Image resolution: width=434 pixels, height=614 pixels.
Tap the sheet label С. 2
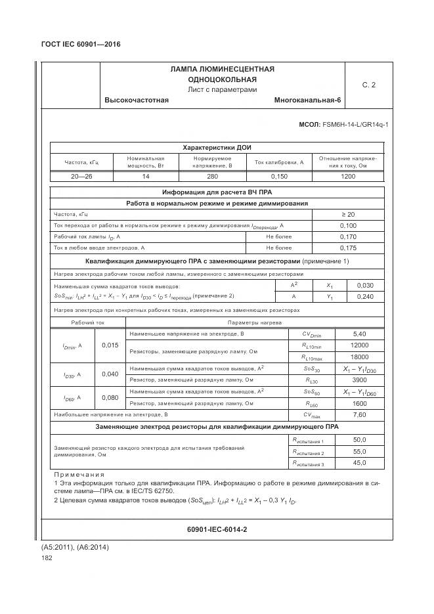tap(369, 85)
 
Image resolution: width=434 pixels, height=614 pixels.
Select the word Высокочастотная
tap(137, 100)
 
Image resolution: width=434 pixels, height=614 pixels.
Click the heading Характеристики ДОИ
tap(217, 147)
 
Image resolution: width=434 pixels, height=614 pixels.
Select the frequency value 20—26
tap(81, 176)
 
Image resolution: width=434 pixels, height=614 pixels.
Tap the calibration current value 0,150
tap(278, 176)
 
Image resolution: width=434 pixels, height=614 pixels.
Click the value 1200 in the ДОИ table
tap(347, 176)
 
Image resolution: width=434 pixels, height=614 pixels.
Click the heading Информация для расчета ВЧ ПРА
tap(217, 192)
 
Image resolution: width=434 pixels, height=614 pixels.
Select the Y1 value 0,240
tap(364, 297)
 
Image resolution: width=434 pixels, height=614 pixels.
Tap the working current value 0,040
tap(110, 374)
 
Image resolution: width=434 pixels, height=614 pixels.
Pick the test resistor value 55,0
tap(359, 452)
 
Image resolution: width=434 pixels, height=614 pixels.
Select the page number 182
tap(47, 558)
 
